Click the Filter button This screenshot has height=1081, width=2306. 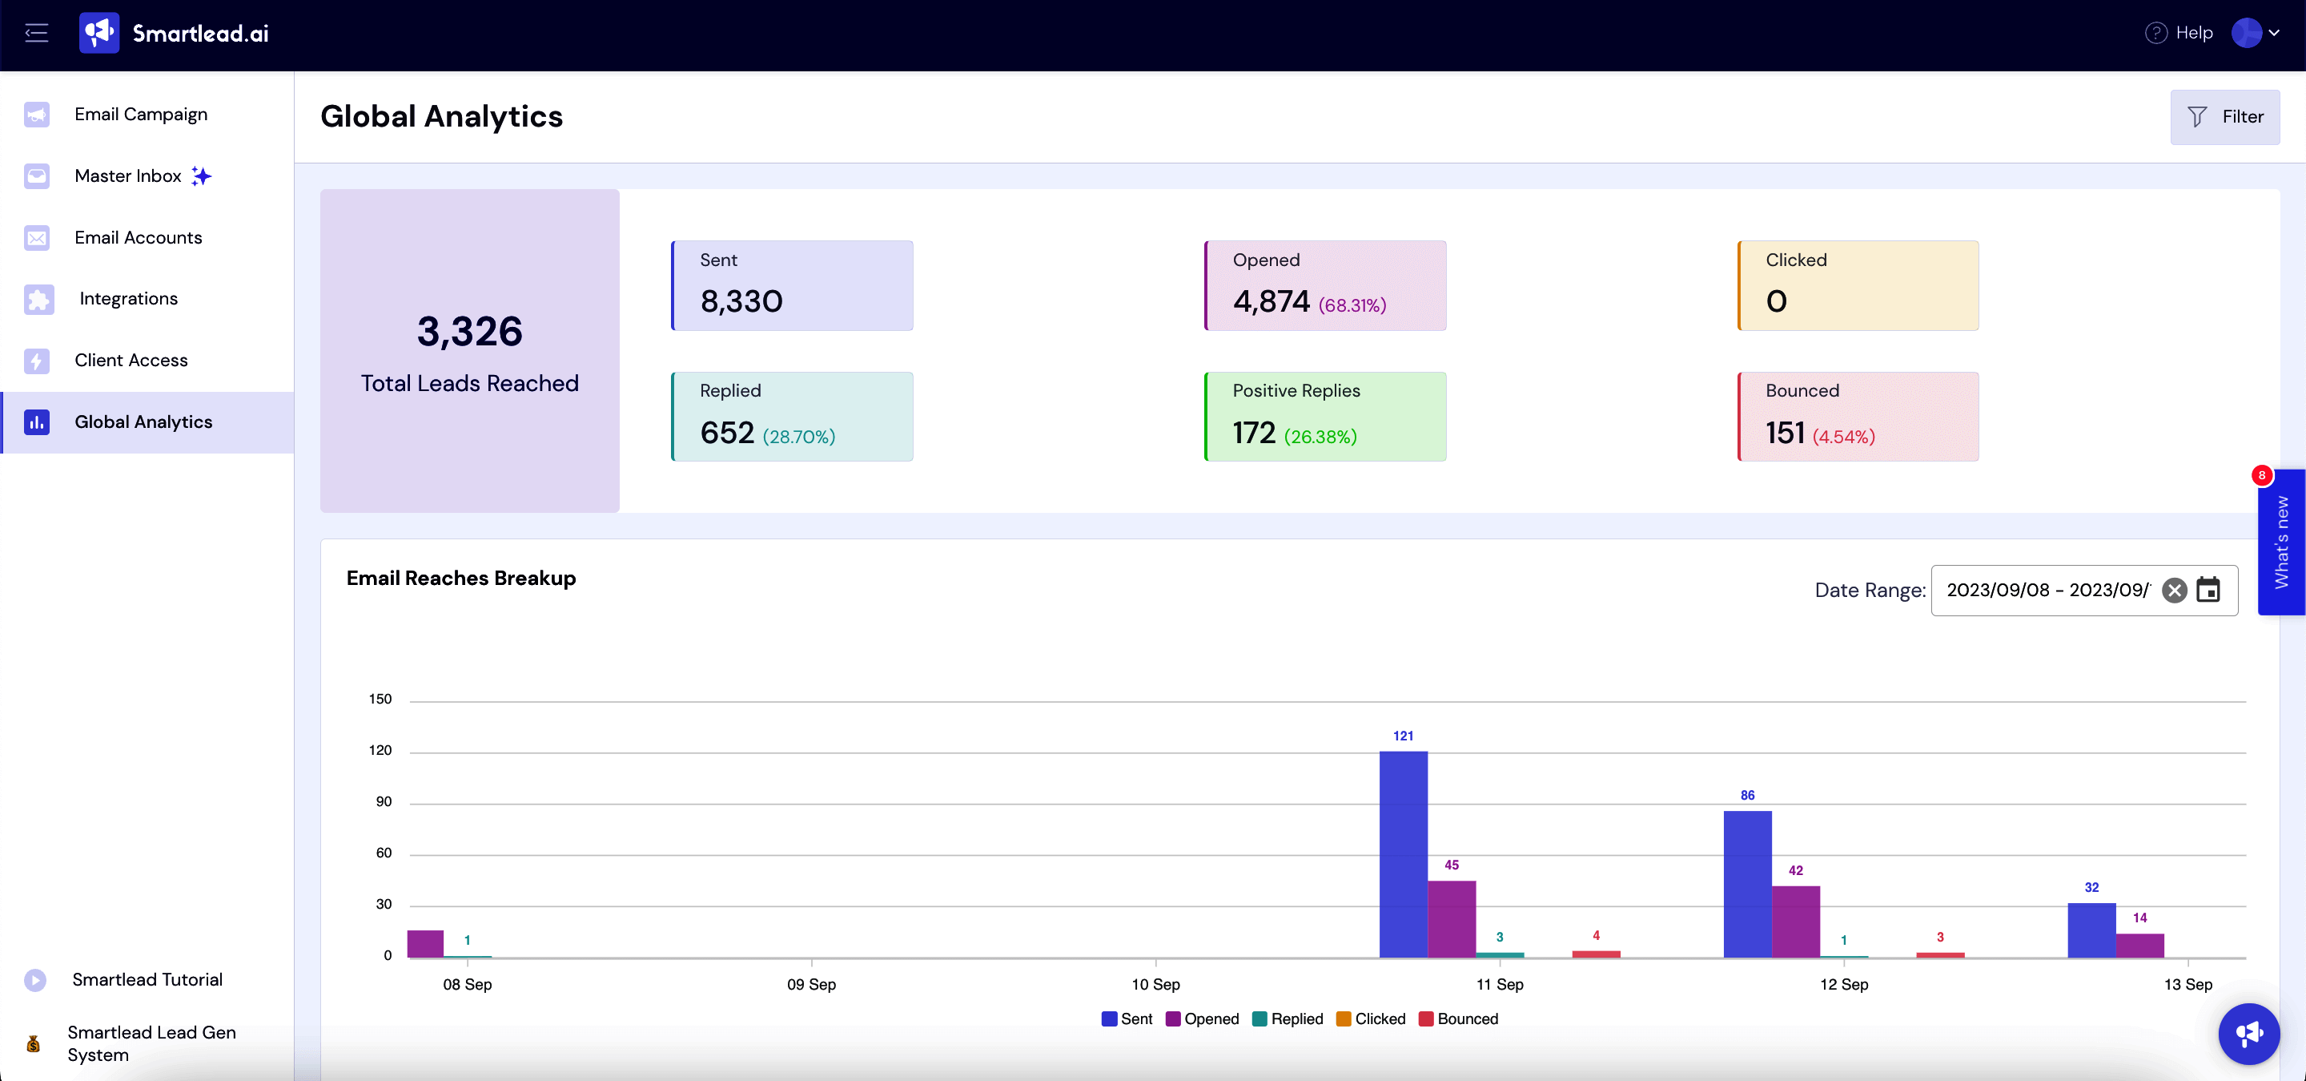2224,116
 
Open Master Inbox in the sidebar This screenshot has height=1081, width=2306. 128,175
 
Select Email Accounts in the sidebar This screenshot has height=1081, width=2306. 138,237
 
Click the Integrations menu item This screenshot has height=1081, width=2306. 128,298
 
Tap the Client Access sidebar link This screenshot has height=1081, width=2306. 131,360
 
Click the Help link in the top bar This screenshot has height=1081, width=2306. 2179,33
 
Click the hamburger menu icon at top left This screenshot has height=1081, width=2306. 37,33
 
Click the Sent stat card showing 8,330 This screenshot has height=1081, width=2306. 792,284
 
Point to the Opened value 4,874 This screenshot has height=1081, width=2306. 1272,302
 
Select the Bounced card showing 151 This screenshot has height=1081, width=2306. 1858,417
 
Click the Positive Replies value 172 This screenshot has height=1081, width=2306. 1253,434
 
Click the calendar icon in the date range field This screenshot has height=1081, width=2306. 2208,591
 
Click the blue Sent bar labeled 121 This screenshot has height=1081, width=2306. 1403,855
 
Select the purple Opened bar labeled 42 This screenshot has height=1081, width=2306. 1796,922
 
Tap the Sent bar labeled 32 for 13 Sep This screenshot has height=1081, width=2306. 2091,930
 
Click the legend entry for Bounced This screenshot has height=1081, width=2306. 1458,1019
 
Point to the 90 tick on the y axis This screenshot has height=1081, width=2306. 384,801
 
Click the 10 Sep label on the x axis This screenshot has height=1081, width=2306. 1155,984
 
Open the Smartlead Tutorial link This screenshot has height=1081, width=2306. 147,980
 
